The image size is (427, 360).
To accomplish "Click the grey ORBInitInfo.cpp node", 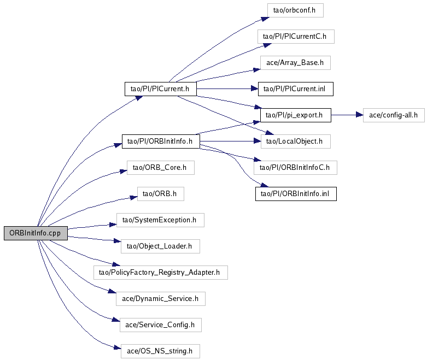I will (x=36, y=233).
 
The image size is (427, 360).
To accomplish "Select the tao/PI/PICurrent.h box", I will (x=160, y=88).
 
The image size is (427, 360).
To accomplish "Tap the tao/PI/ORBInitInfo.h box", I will (x=160, y=141).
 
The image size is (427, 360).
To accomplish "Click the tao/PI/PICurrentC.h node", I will (x=295, y=37).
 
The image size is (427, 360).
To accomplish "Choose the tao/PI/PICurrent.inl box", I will (x=295, y=88).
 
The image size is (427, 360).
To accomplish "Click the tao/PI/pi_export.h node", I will (x=295, y=115).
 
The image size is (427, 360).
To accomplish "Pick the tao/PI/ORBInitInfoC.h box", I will (x=295, y=168).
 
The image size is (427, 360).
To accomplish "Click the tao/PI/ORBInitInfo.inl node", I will (x=295, y=194).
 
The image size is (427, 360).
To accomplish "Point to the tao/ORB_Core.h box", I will (x=160, y=168).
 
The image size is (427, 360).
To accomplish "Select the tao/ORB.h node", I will (x=160, y=194).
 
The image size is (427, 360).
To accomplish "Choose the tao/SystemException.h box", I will (x=160, y=220).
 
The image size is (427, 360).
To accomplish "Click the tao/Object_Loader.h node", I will (x=160, y=246).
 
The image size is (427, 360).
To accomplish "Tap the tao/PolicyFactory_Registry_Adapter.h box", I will (x=160, y=272).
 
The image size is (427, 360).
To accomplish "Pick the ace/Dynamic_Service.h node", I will (x=160, y=299).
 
